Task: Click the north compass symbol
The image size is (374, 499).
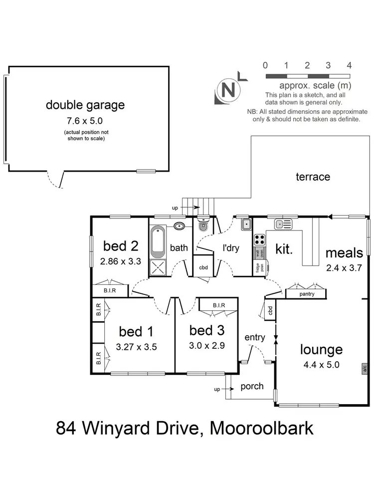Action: coord(229,91)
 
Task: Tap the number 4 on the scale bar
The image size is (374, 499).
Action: coord(349,65)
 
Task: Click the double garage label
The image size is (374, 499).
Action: coord(85,105)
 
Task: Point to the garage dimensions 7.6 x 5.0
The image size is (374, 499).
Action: coord(85,120)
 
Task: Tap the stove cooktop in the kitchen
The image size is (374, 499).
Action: coord(260,239)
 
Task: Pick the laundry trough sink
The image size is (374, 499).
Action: coord(246,225)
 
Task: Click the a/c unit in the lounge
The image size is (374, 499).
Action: coord(365,369)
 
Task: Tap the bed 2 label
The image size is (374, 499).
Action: coord(120,246)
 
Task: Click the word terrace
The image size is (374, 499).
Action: coord(313,177)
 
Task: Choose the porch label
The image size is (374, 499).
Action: coord(252,386)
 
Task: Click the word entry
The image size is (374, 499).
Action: coord(255,338)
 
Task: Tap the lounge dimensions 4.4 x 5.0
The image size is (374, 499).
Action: coord(321,365)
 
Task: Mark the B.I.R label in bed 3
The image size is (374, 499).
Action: coord(219,305)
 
